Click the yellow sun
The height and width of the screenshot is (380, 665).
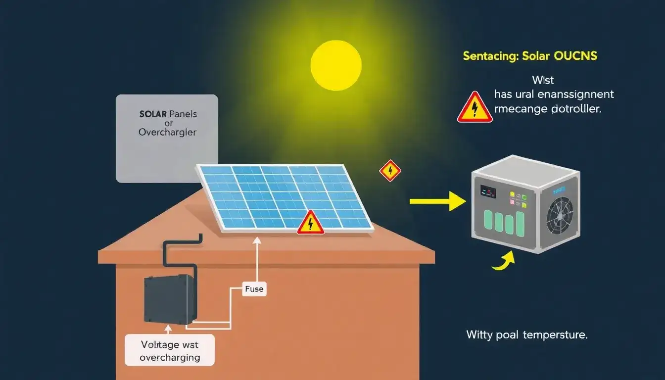[336, 65]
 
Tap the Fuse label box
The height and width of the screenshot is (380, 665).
[254, 289]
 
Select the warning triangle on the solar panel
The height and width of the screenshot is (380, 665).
[310, 223]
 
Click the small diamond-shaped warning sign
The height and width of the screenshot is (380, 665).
[390, 171]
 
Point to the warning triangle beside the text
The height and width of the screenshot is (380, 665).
[475, 107]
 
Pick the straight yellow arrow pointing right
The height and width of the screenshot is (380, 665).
[437, 201]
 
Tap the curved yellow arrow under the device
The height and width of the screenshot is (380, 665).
[504, 261]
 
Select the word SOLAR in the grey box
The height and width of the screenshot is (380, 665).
[153, 114]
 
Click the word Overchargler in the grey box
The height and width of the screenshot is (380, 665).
[167, 133]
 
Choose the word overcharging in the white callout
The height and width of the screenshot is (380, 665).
[169, 357]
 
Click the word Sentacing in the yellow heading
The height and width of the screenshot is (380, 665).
[490, 56]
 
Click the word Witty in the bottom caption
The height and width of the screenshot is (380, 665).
[479, 335]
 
